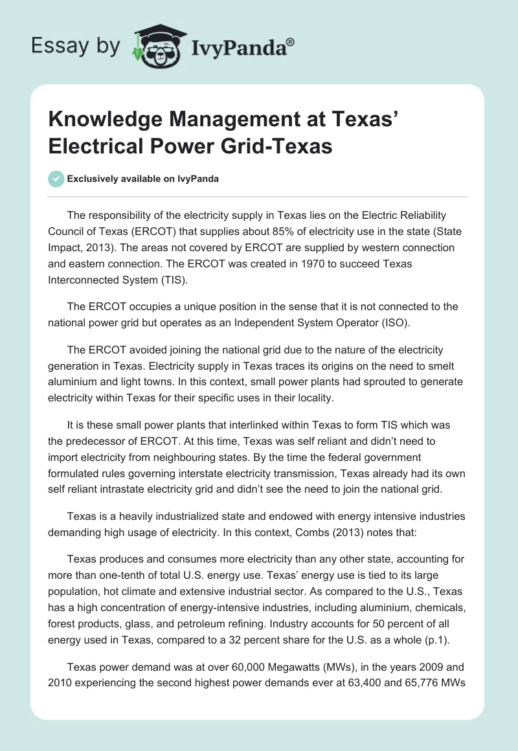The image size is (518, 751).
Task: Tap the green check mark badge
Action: [57, 179]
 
